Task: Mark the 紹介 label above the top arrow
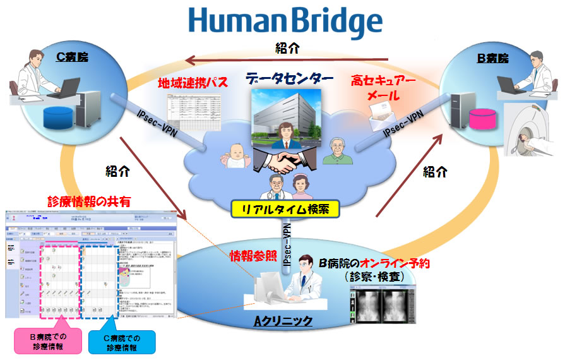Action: pyautogui.click(x=287, y=48)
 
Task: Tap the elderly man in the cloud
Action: pyautogui.click(x=336, y=152)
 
